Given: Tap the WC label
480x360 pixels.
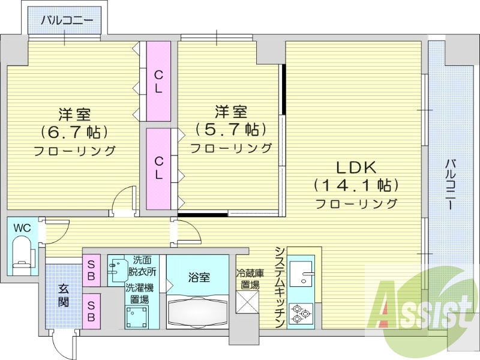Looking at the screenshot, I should tap(22, 228).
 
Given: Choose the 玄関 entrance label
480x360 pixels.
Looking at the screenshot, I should tap(63, 295).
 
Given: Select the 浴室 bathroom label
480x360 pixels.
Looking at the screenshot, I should tap(199, 277).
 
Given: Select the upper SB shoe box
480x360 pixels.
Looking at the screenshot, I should tap(92, 270).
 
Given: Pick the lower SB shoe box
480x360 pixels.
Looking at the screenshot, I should tap(92, 310).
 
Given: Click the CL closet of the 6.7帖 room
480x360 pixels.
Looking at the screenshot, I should tap(158, 82).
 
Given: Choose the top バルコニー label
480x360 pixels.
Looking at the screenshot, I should tap(67, 20).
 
